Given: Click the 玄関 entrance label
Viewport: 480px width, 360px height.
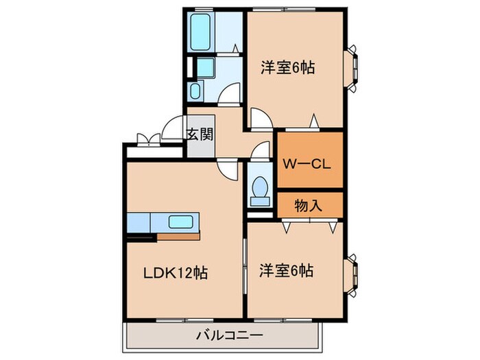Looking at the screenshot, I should point(200,133).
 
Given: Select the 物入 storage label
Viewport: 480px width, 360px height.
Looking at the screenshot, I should point(309,204).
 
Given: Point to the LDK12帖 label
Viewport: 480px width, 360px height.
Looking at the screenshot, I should point(174,272).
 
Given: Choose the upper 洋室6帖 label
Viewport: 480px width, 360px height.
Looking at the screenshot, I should point(287,69).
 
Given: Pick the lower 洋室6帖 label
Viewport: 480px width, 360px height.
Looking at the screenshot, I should point(286,271).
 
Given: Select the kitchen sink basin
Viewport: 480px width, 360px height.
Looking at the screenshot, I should point(182,222).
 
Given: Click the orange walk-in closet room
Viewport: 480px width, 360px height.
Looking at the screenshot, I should point(309,160).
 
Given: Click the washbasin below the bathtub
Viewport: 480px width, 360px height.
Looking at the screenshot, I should point(195,92).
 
